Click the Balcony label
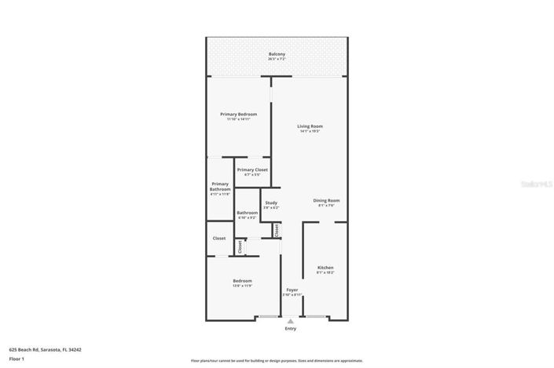tap(277, 54)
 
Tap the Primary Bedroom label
tap(238, 115)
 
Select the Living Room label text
tap(310, 126)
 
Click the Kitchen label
tap(325, 268)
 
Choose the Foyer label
tap(292, 290)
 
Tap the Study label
tap(271, 203)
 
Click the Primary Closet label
tap(252, 169)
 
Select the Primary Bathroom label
tap(220, 187)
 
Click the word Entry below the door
tap(292, 330)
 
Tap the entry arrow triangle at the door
tap(292, 320)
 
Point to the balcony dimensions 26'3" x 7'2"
tap(277, 59)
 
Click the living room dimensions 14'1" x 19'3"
tap(310, 131)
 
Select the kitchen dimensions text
tap(325, 272)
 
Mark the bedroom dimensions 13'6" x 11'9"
tap(242, 286)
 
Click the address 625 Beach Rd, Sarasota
tap(46, 350)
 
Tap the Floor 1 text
tap(17, 359)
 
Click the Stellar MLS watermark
tap(537, 184)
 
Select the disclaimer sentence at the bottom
tap(277, 360)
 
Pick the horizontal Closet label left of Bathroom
tap(219, 239)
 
